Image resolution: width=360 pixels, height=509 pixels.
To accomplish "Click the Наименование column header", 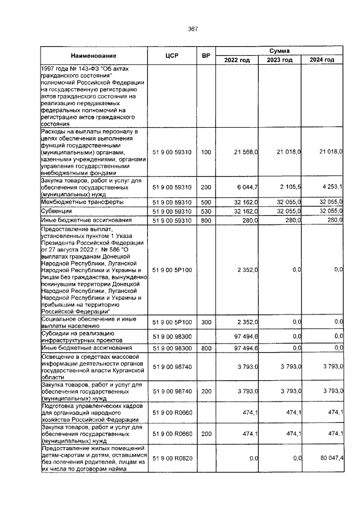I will point(93,56).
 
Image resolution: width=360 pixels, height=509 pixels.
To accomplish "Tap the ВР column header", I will point(206,56).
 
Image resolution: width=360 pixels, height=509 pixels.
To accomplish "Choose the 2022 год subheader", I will point(237,60).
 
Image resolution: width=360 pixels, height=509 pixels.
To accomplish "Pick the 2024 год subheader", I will point(322,60).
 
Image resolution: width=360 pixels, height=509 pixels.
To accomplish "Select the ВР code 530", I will point(206,210).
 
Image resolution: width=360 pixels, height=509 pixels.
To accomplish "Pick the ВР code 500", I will point(206,201).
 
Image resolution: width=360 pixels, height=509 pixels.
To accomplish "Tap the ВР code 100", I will point(206,152).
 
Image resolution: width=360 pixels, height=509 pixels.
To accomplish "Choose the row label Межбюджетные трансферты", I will point(78,201).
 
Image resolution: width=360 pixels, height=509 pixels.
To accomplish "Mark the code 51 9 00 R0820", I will point(172,459).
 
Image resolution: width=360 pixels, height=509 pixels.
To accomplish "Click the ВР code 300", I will point(206,322).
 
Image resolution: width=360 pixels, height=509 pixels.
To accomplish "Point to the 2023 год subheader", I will point(280,60).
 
